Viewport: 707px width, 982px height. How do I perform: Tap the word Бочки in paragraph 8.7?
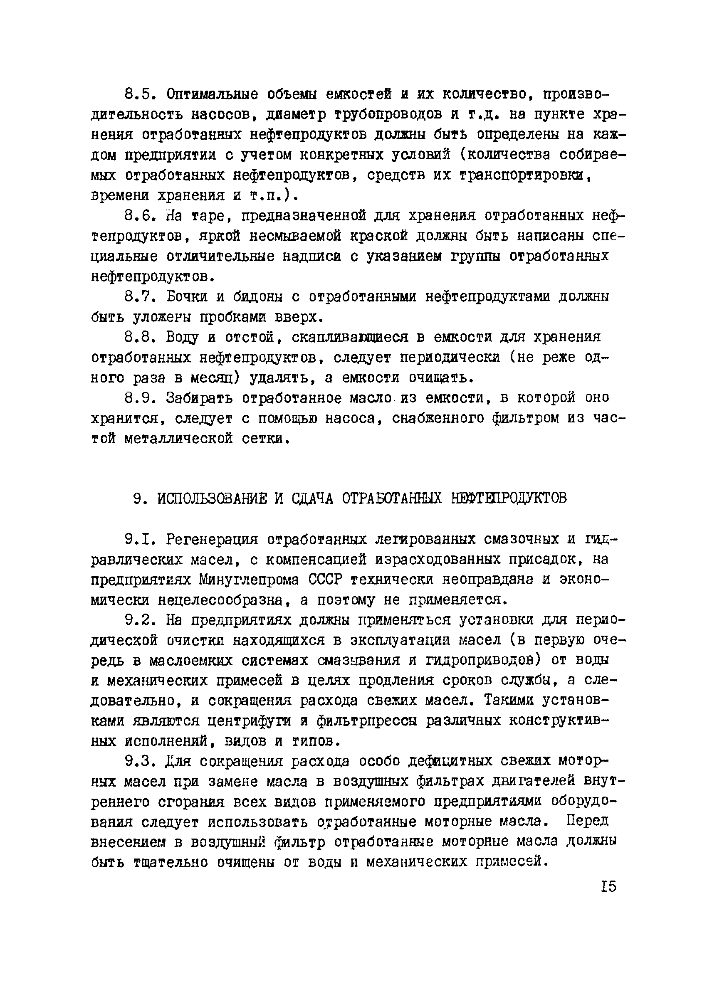click(187, 297)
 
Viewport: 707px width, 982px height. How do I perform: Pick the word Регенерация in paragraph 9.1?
click(212, 540)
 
